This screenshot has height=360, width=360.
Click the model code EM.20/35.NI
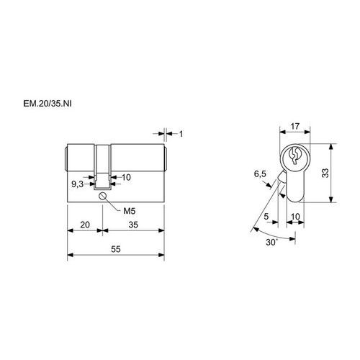(48, 104)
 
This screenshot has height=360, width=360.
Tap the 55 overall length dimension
(116, 249)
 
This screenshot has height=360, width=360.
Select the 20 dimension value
(85, 225)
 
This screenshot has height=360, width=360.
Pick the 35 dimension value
(133, 225)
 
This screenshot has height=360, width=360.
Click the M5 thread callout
(130, 211)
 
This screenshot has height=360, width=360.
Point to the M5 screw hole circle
(102, 196)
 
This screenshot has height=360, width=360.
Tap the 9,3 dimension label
(77, 184)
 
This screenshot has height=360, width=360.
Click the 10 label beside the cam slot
(126, 178)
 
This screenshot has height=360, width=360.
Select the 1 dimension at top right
(181, 134)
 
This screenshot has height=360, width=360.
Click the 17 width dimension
(295, 126)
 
